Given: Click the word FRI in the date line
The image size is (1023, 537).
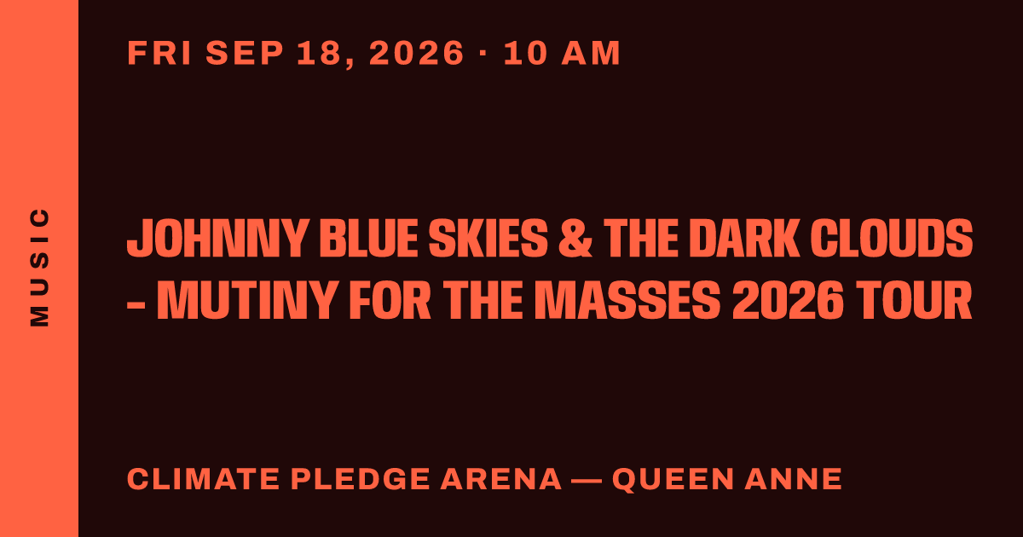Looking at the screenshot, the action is [159, 53].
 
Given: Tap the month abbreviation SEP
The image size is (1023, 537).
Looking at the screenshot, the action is [245, 53].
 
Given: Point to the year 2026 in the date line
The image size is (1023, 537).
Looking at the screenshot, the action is [417, 53].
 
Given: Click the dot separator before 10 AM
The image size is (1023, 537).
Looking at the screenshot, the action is [483, 53].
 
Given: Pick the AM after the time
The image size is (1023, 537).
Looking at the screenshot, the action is [591, 53].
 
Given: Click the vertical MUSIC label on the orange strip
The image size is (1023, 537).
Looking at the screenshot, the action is [39, 267].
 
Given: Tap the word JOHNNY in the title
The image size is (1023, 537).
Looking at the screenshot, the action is [217, 238].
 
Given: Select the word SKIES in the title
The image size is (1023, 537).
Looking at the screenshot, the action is [488, 238].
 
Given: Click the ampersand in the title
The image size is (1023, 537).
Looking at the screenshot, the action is [575, 238].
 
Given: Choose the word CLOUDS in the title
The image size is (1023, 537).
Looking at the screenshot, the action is [892, 238].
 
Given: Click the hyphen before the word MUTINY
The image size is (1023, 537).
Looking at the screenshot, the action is [136, 303].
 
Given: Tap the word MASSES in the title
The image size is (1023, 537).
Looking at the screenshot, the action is [627, 300].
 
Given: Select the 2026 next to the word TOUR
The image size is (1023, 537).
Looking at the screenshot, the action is [788, 300].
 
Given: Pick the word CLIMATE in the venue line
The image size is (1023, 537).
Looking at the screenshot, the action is [203, 479].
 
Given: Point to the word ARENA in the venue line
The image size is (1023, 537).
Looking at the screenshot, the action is [500, 479].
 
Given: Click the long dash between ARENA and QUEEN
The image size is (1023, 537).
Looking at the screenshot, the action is [587, 479].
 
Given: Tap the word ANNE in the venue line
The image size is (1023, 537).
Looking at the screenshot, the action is [793, 479].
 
